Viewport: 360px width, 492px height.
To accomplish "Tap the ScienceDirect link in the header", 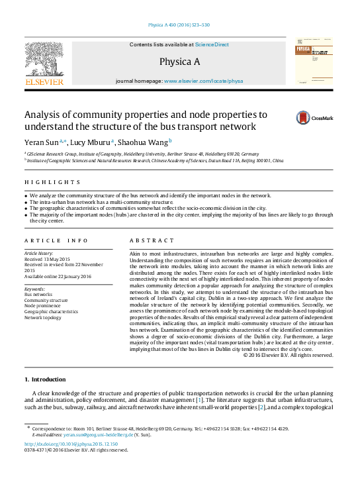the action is coord(212,44).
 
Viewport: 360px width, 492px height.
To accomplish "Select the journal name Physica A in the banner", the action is coord(179,62).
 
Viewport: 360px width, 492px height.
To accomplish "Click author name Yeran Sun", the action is coord(42,142).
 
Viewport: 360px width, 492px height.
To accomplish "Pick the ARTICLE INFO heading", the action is coord(56,240).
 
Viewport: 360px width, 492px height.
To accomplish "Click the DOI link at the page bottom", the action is coord(71,444).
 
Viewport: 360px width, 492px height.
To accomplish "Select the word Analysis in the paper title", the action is coord(47,113).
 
